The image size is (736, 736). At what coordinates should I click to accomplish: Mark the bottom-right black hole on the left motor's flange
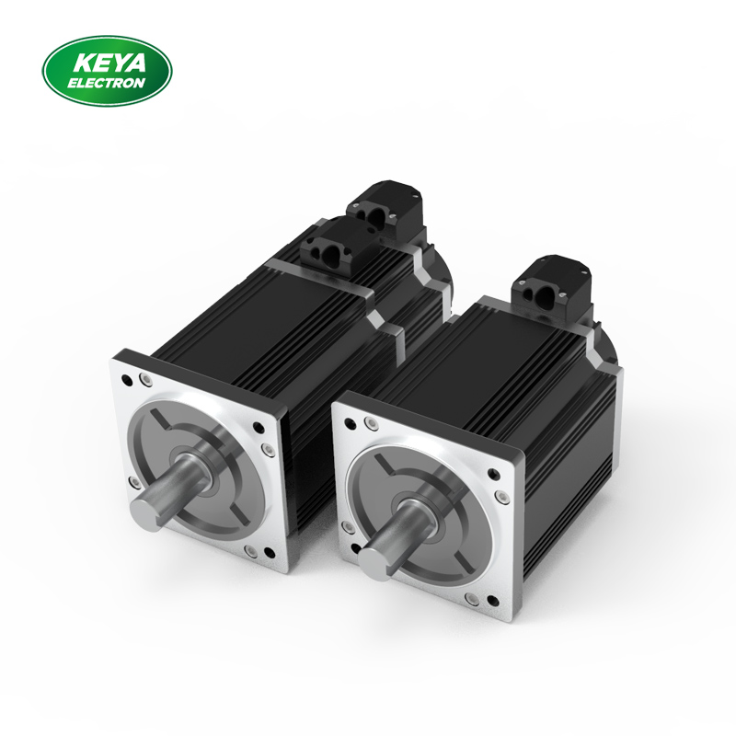click(267, 552)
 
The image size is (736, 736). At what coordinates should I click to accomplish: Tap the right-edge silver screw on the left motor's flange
click(267, 449)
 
